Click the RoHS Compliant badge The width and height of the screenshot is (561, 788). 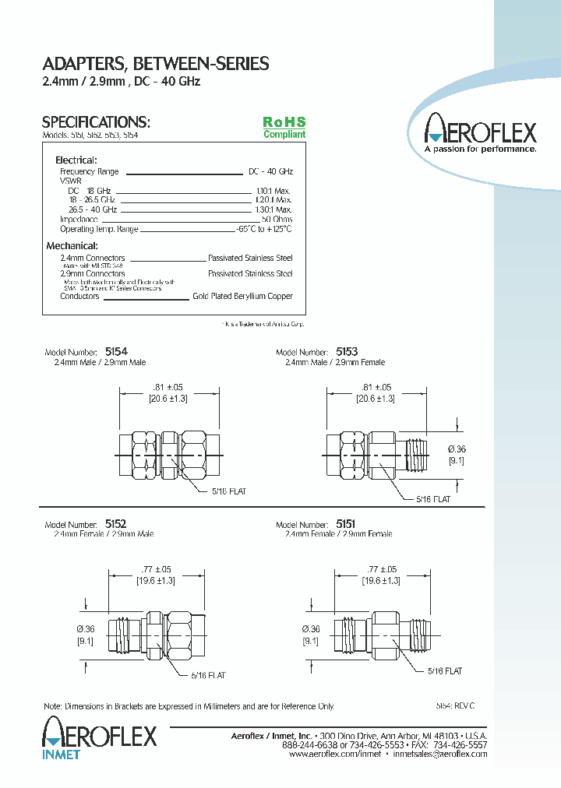pos(284,128)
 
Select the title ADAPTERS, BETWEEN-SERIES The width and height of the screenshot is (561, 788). pos(155,64)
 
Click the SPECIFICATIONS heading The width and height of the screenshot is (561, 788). pos(95,122)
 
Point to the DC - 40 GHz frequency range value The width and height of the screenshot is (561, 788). pos(270,171)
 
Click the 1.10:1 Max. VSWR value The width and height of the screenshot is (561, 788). pos(273,191)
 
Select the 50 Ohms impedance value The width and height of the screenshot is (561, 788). pos(277,220)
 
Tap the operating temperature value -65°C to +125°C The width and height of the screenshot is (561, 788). pos(265,230)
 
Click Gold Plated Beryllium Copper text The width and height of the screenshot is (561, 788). pos(242,297)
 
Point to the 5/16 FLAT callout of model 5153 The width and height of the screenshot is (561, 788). pos(433,498)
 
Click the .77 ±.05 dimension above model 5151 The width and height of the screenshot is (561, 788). pos(380,570)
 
